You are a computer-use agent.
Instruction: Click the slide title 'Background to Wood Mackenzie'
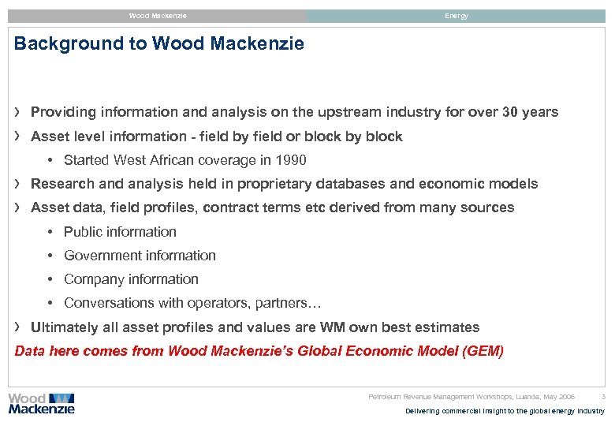158,44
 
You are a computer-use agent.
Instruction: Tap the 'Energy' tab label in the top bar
456,16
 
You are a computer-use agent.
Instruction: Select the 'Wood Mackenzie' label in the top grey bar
158,16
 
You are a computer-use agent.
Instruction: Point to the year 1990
291,160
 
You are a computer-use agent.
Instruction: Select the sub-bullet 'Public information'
120,232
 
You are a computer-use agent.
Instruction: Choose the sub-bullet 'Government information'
140,256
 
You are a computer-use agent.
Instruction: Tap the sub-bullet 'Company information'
131,279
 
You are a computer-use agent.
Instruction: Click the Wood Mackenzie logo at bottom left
41,403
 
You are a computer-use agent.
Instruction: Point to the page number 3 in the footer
603,397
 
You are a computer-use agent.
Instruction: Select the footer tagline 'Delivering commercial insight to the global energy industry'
505,411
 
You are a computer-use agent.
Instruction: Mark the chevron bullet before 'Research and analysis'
18,184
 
